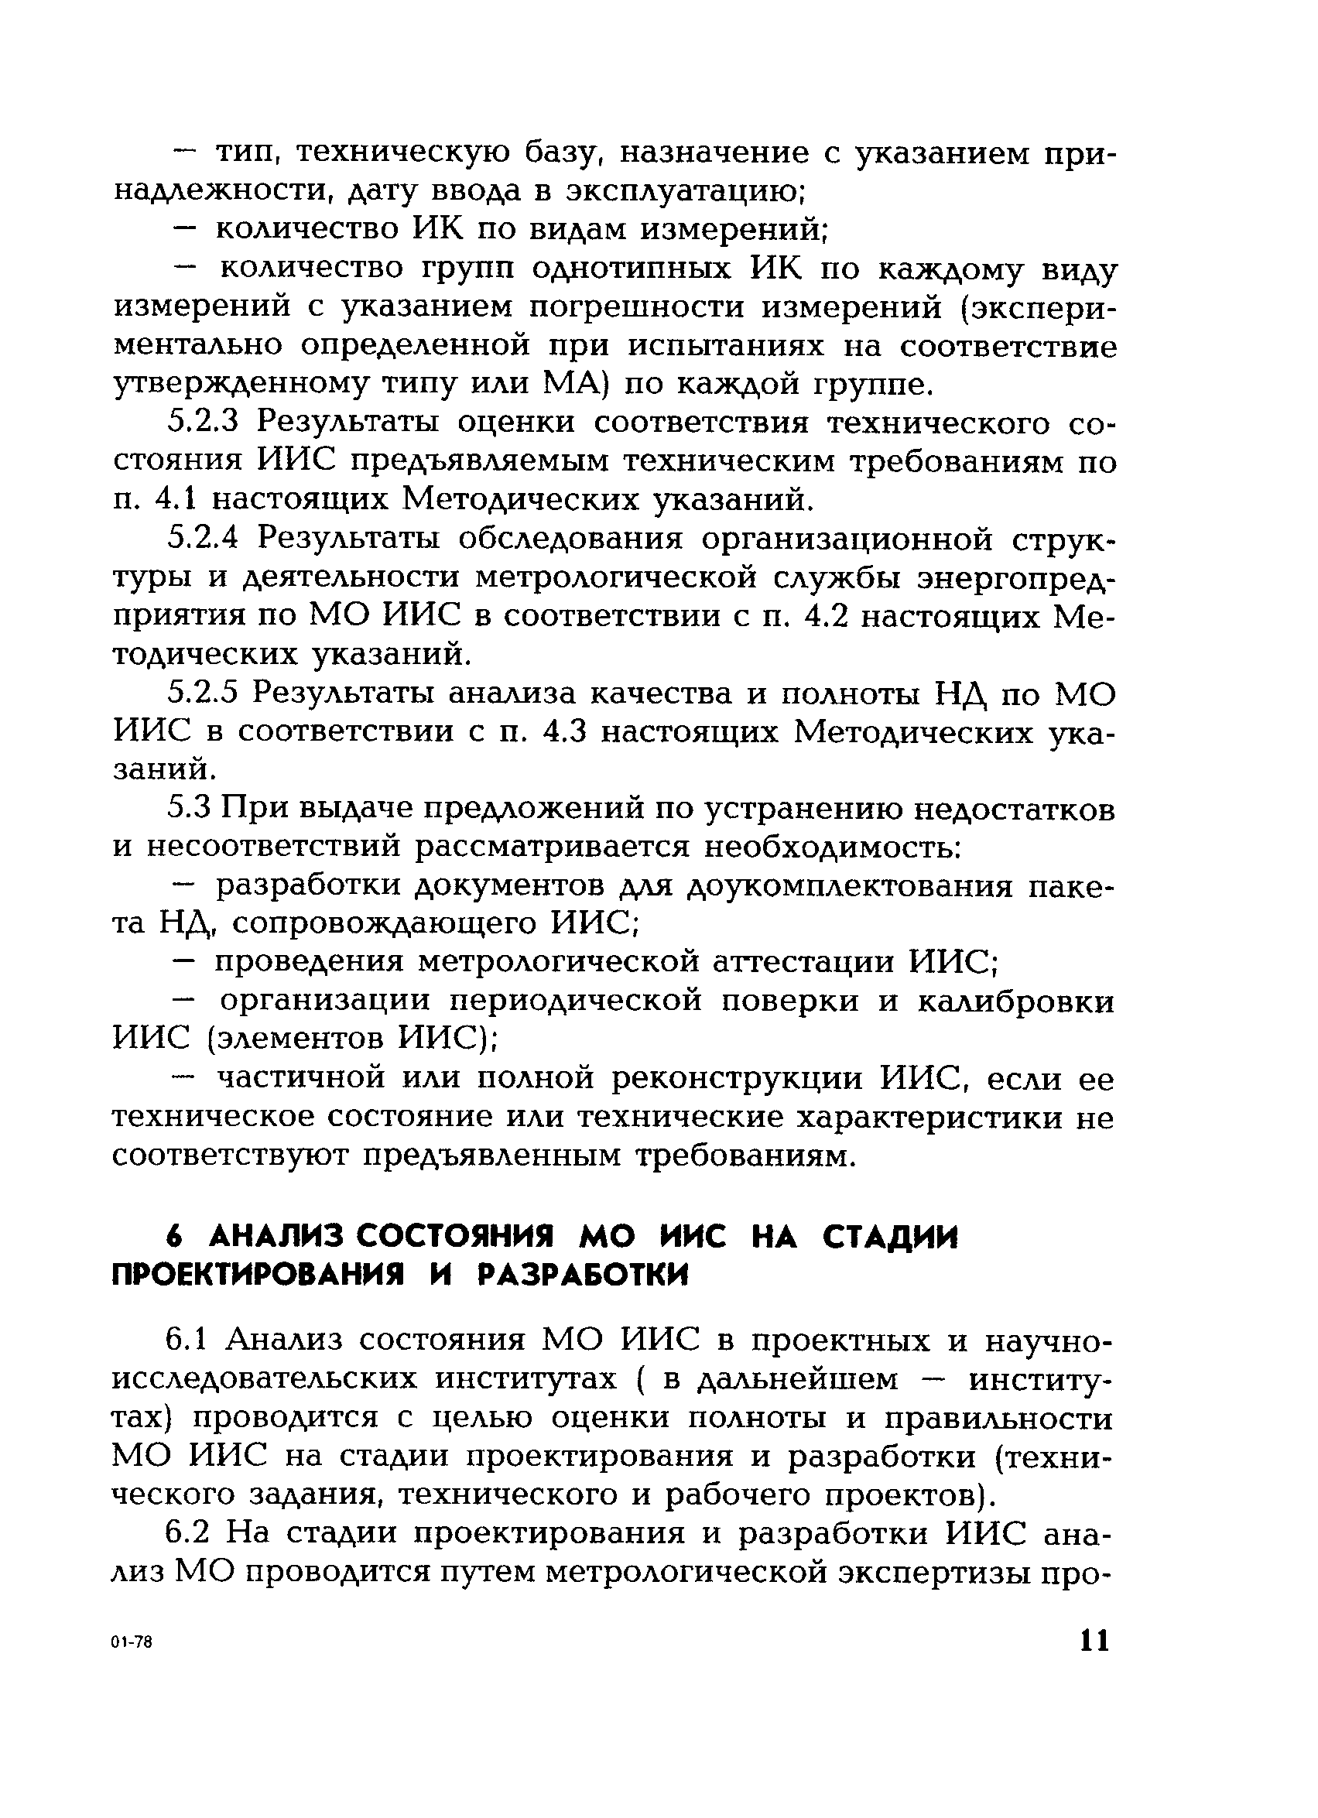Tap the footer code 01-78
click(132, 1643)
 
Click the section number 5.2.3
click(204, 423)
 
